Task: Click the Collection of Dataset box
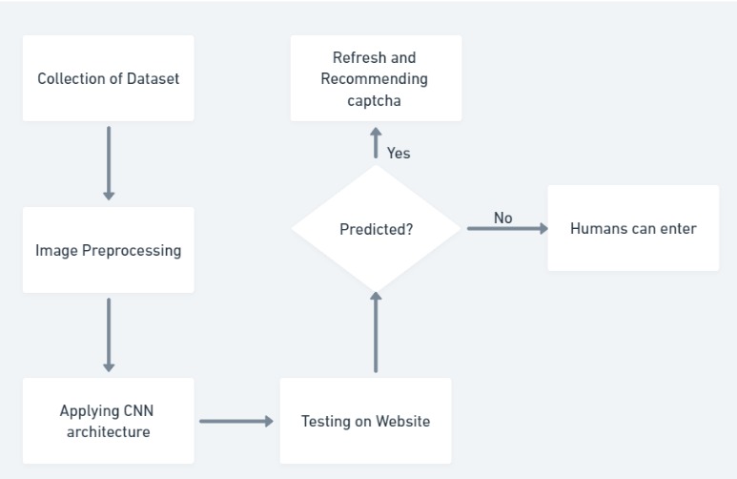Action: pos(108,78)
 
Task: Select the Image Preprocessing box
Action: pos(108,250)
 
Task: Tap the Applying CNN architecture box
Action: pos(108,421)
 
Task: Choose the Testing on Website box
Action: pos(365,421)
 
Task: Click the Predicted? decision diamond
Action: pos(376,229)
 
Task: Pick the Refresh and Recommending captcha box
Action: pos(376,78)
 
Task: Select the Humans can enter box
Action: pos(633,228)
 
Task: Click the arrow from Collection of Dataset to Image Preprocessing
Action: pos(109,163)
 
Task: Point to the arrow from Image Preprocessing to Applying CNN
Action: pos(109,335)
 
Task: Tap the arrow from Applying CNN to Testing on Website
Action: pos(235,421)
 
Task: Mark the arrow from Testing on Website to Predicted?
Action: pos(376,331)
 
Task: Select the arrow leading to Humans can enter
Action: pos(507,229)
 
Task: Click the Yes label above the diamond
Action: pos(399,153)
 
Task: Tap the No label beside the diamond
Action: pos(502,218)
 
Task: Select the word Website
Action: pos(401,421)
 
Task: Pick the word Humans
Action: pos(598,228)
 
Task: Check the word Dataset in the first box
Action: pos(152,78)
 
